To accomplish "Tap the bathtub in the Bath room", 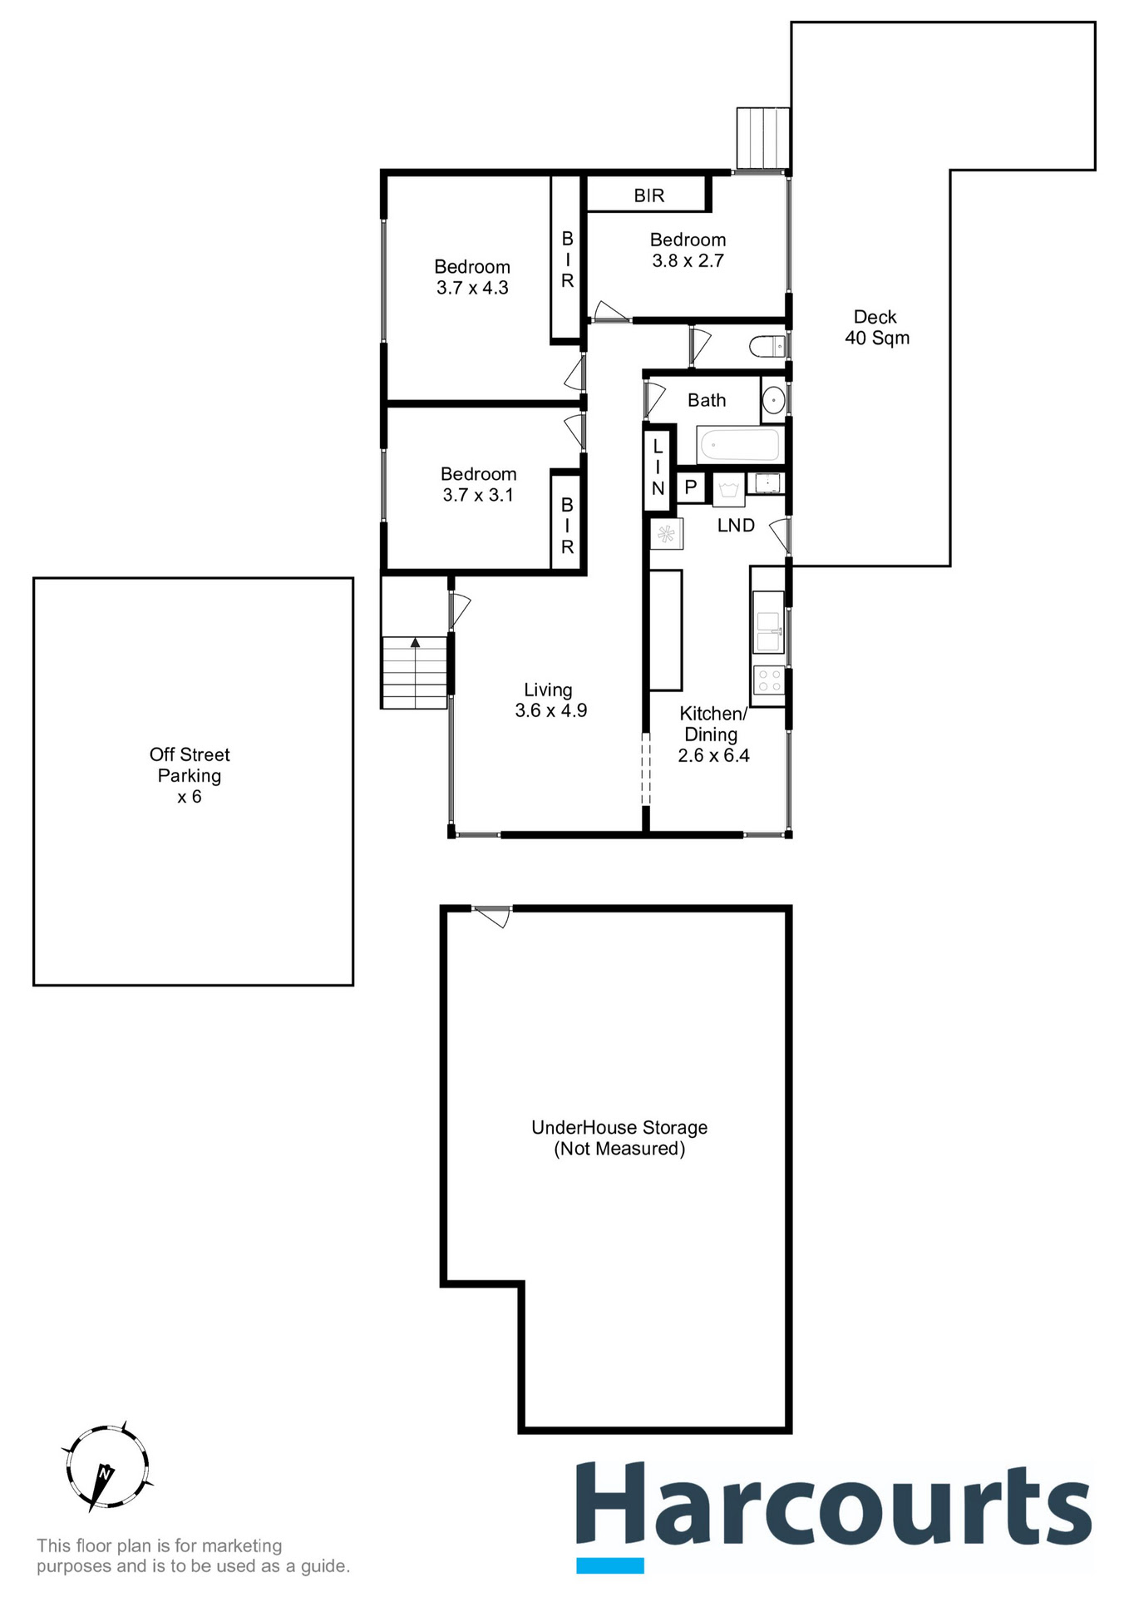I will coord(738,445).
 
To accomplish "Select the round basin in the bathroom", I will coord(773,401).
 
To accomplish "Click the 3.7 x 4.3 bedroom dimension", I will coord(472,288).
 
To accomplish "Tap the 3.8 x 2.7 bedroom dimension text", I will coord(688,260).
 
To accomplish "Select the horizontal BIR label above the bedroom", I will coord(648,195).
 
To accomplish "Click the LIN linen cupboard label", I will coord(658,467).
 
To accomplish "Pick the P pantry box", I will coord(690,487).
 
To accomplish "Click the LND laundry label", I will coord(736,526).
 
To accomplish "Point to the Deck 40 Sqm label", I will coord(876,328).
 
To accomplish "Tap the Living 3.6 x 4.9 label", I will coord(550,700).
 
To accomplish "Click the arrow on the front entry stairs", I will coord(415,642).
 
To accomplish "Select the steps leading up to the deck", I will coord(762,137).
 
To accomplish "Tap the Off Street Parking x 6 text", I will coord(190,775).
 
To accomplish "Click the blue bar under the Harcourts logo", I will coord(610,1565).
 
